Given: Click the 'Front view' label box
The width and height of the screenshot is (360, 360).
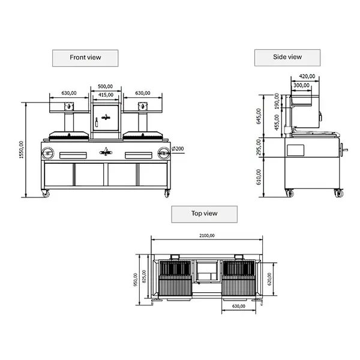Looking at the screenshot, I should pyautogui.click(x=85, y=58).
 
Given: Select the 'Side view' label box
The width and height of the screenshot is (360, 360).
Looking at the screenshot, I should pyautogui.click(x=287, y=58).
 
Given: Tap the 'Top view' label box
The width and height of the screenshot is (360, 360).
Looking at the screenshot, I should pyautogui.click(x=204, y=213).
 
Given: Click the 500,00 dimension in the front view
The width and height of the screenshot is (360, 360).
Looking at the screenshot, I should pyautogui.click(x=106, y=85).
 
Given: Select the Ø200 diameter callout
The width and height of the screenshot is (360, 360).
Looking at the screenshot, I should pyautogui.click(x=177, y=148).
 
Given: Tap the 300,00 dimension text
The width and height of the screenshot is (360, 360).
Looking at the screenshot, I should pyautogui.click(x=302, y=85).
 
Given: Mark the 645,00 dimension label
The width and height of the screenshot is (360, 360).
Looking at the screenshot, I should pyautogui.click(x=259, y=116).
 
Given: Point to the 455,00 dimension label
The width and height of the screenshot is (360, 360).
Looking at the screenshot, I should pyautogui.click(x=277, y=122).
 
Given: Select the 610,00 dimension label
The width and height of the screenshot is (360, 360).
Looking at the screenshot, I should pyautogui.click(x=259, y=176).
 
